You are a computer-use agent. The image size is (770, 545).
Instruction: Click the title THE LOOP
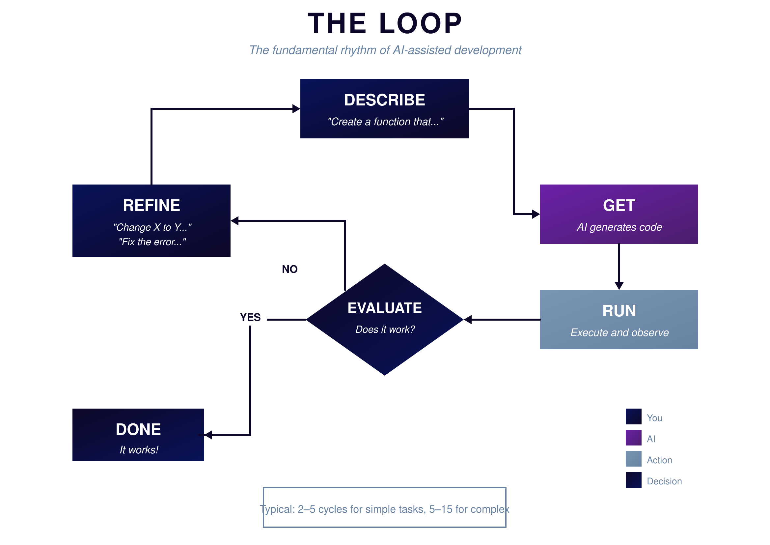(x=385, y=23)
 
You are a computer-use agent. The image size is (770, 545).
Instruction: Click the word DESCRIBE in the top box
(x=384, y=100)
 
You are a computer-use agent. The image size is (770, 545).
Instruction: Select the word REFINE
(x=151, y=205)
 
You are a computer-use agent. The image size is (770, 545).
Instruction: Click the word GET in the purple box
(x=619, y=205)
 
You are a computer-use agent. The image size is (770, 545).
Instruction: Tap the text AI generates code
(x=619, y=227)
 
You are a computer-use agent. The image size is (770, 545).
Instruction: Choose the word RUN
(x=619, y=311)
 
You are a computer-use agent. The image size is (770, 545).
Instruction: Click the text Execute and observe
(x=619, y=332)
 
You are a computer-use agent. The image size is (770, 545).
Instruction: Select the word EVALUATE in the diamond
(x=384, y=308)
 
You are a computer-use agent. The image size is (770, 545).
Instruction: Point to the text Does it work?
(x=385, y=330)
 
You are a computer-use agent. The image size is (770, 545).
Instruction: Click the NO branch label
(x=290, y=269)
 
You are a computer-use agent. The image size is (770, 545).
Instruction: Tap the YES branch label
(x=250, y=317)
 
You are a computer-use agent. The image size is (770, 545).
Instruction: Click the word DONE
(x=138, y=430)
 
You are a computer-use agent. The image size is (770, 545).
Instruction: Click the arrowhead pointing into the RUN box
(x=619, y=286)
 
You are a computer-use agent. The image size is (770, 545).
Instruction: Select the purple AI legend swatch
(x=633, y=438)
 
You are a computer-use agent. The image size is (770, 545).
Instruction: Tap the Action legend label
(x=659, y=460)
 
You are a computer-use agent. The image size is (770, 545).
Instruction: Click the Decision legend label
(x=664, y=481)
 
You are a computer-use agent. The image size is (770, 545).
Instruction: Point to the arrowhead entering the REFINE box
(x=235, y=221)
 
